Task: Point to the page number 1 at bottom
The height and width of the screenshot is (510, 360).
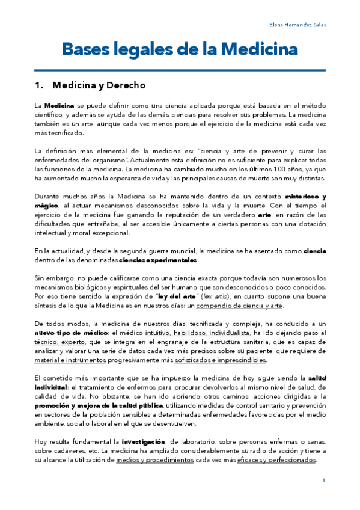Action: (323, 480)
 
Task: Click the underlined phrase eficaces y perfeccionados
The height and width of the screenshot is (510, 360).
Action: (283, 460)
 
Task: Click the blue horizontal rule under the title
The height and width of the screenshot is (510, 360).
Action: (180, 69)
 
